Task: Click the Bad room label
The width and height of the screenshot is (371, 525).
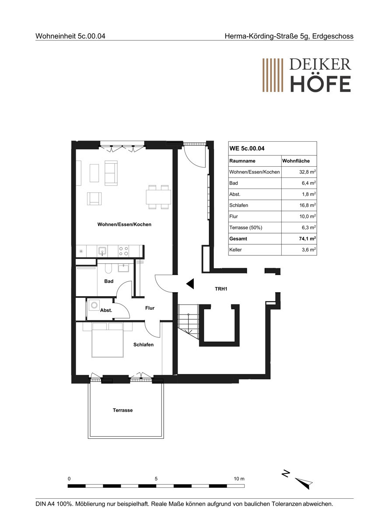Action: tap(109, 281)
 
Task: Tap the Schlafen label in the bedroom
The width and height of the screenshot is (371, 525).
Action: tap(143, 345)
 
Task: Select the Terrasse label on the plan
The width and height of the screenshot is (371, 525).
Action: tap(122, 410)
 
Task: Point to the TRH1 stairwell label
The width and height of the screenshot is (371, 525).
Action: tap(221, 289)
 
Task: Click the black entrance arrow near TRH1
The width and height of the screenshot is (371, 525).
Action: tap(190, 284)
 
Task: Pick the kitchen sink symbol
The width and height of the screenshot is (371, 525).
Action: tap(102, 251)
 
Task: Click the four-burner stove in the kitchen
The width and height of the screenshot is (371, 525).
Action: tap(123, 251)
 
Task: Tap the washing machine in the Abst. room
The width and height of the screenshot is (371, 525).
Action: tap(94, 305)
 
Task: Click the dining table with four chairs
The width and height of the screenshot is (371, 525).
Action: tap(158, 197)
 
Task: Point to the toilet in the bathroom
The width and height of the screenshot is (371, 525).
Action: tap(108, 268)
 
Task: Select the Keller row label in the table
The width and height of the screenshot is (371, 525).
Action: tap(235, 250)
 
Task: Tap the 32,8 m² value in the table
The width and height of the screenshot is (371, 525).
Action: tap(308, 172)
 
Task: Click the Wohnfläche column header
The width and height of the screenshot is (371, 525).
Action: tap(296, 161)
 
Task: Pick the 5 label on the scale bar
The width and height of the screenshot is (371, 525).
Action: tap(156, 479)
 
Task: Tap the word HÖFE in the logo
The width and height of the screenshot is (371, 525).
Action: tap(320, 84)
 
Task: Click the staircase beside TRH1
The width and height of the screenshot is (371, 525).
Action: tap(188, 321)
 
